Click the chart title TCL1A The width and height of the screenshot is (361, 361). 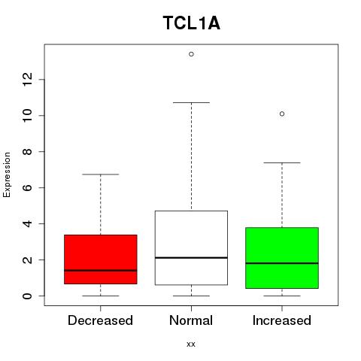click(x=192, y=23)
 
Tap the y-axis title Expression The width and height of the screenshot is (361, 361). click(x=7, y=174)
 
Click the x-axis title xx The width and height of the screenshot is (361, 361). click(x=191, y=344)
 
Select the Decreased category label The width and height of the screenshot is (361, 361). click(x=100, y=320)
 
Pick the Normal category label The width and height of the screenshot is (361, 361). click(x=191, y=320)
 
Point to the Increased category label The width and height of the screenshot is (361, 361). click(x=282, y=320)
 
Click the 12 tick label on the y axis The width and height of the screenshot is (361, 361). click(x=27, y=80)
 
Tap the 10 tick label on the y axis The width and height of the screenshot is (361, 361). click(x=27, y=116)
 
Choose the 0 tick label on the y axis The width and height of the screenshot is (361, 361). click(x=27, y=296)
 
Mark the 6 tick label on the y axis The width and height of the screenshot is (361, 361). click(x=27, y=187)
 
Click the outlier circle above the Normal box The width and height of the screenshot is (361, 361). click(x=191, y=54)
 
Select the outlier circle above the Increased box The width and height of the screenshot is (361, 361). click(x=282, y=114)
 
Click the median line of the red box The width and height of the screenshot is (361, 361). click(x=101, y=271)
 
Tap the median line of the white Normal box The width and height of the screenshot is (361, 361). click(x=191, y=258)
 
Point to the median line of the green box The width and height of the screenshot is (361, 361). click(x=282, y=263)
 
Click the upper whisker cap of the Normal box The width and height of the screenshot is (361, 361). click(x=191, y=102)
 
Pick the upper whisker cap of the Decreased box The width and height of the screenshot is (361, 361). click(x=101, y=174)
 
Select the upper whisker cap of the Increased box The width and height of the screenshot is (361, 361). click(x=282, y=162)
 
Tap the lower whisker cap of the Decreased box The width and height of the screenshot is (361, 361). click(x=101, y=296)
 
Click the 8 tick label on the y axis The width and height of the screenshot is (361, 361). click(x=27, y=152)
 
